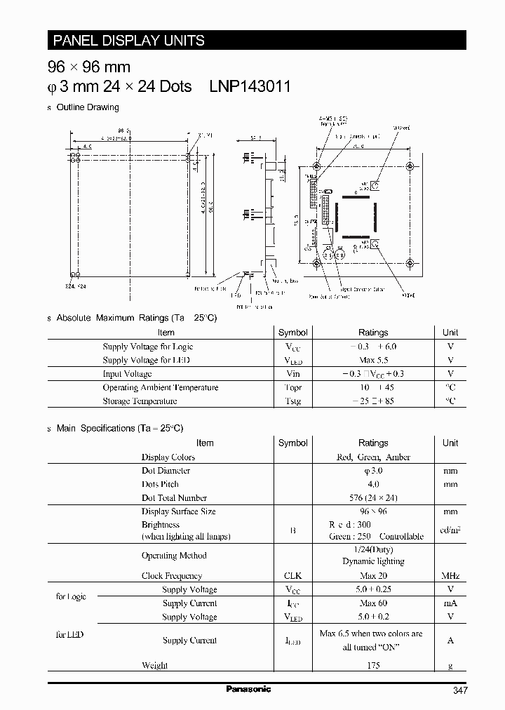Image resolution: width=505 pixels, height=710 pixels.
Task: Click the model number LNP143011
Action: point(250,86)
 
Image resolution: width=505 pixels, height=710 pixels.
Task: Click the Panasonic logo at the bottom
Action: point(248,689)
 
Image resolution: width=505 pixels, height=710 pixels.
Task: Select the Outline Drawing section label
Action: point(88,107)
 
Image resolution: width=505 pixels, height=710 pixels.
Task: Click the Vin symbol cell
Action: point(292,374)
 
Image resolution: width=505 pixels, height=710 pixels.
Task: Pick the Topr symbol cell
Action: point(292,387)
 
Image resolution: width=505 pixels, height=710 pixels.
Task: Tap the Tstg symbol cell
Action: point(292,401)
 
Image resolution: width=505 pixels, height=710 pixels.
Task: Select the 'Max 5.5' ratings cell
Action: point(373,360)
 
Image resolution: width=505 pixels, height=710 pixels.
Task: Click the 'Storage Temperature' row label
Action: point(140,401)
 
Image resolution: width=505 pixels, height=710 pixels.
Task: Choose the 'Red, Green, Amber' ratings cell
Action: point(373,457)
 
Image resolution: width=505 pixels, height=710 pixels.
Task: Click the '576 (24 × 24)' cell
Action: point(373,497)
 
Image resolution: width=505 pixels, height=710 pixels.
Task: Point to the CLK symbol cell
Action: point(292,576)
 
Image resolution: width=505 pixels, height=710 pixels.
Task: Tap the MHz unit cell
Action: point(450,576)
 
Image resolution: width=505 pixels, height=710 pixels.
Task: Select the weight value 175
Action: point(373,665)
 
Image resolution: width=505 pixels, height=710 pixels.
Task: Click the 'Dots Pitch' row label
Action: point(160,484)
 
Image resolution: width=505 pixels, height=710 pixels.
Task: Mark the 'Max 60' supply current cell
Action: point(373,603)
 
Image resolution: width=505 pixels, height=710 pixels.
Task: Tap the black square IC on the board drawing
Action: point(358,220)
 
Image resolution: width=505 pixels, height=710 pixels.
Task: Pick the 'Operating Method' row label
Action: point(174,555)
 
